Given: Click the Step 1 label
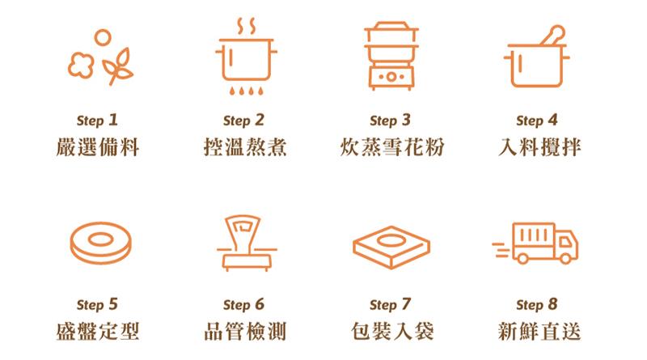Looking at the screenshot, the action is pyautogui.click(x=97, y=121).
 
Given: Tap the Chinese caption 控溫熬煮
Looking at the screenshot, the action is pyautogui.click(x=245, y=147).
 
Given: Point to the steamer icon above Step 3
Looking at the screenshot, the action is pyautogui.click(x=391, y=56).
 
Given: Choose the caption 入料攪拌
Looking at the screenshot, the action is pyautogui.click(x=539, y=147).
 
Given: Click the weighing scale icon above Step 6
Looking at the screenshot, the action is pyautogui.click(x=247, y=243).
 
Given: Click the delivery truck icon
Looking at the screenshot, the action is pyautogui.click(x=536, y=244).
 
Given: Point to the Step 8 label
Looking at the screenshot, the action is pyautogui.click(x=537, y=305).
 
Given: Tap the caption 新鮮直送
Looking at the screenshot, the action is pyautogui.click(x=539, y=332).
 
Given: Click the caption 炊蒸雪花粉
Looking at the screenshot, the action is pyautogui.click(x=392, y=147).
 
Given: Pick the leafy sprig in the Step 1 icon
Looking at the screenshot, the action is pyautogui.click(x=118, y=67).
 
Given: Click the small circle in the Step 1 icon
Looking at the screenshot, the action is pyautogui.click(x=103, y=37).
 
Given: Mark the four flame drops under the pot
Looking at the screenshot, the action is pyautogui.click(x=246, y=91).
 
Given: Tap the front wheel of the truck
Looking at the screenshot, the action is pyautogui.click(x=565, y=258).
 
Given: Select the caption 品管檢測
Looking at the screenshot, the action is pyautogui.click(x=245, y=332).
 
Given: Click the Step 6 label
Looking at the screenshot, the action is pyautogui.click(x=244, y=305).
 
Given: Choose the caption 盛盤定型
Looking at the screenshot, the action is pyautogui.click(x=98, y=332).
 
